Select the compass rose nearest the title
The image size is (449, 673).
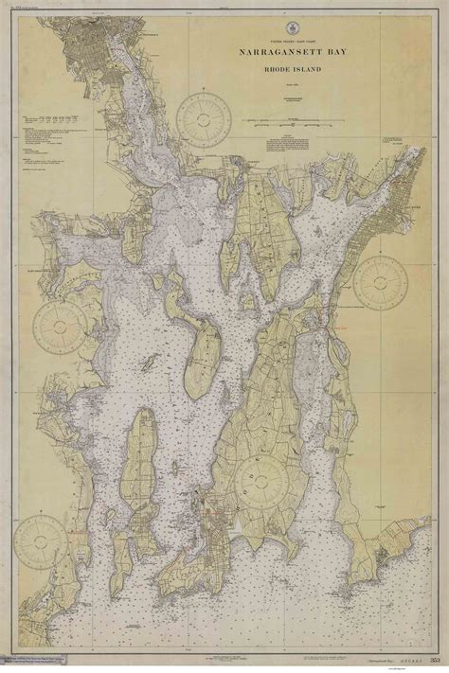[x=205, y=119]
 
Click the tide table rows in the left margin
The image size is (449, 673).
[x=52, y=121]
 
